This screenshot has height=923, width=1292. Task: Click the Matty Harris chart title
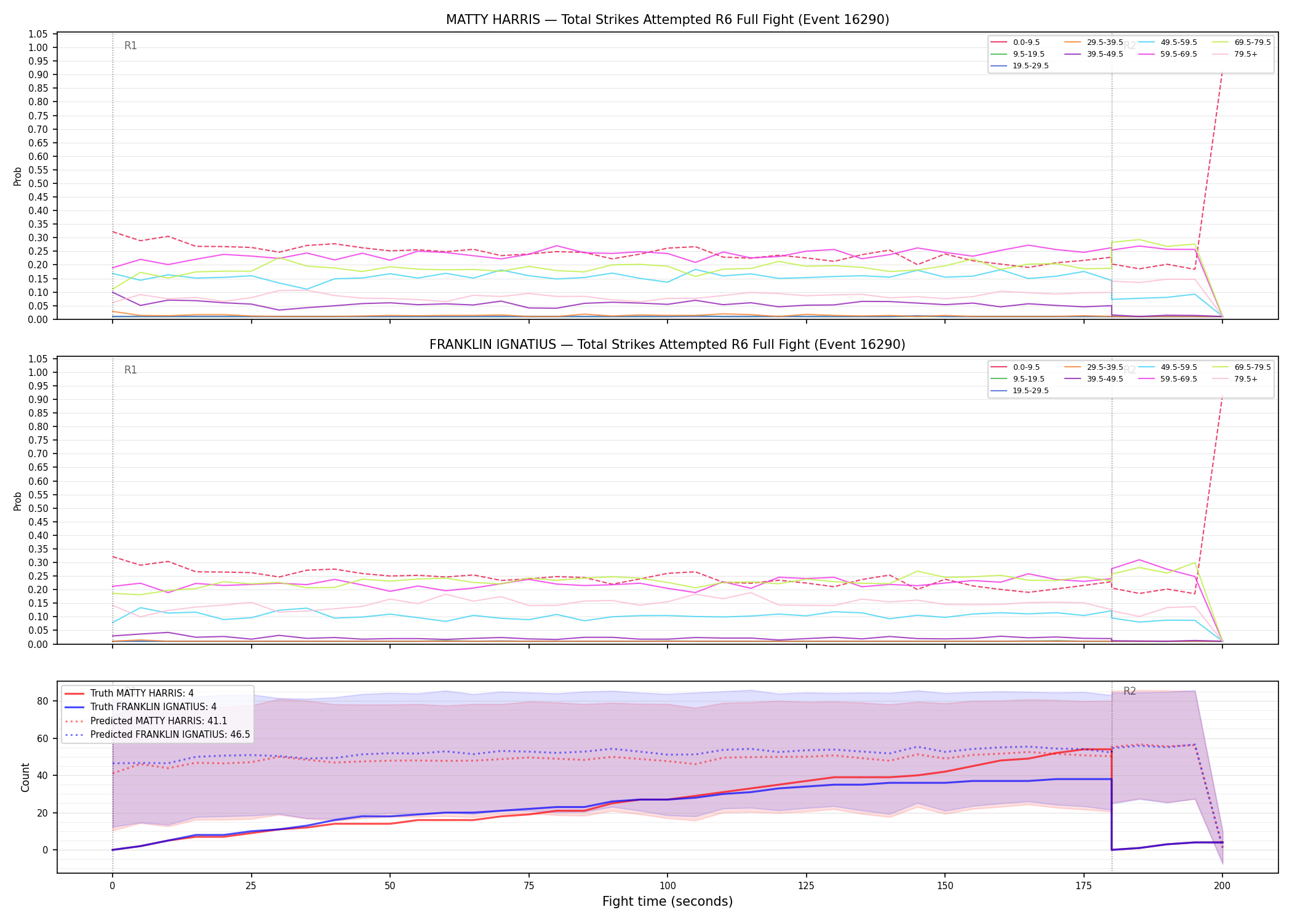pyautogui.click(x=668, y=20)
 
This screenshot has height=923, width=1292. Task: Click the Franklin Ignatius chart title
pyautogui.click(x=668, y=345)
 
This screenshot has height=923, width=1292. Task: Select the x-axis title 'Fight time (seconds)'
pyautogui.click(x=668, y=901)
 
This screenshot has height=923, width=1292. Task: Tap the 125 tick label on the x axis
pyautogui.click(x=806, y=886)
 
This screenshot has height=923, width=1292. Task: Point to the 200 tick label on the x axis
pyautogui.click(x=1222, y=886)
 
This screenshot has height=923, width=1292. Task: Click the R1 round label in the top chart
pyautogui.click(x=130, y=46)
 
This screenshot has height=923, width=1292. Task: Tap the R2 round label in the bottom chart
pyautogui.click(x=1130, y=691)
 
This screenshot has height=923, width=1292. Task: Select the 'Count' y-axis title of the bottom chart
pyautogui.click(x=25, y=777)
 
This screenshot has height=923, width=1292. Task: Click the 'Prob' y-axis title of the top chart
pyautogui.click(x=18, y=176)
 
